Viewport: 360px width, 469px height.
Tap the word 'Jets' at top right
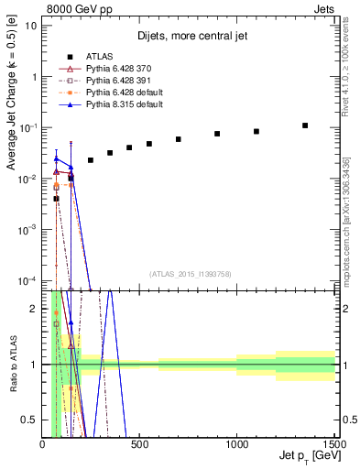coord(322,9)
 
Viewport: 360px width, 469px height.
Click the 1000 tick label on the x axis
coord(236,445)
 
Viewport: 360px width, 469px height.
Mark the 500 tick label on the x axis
coord(140,445)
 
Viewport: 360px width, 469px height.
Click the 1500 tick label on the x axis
coord(333,445)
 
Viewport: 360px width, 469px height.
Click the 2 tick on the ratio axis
coord(35,309)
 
